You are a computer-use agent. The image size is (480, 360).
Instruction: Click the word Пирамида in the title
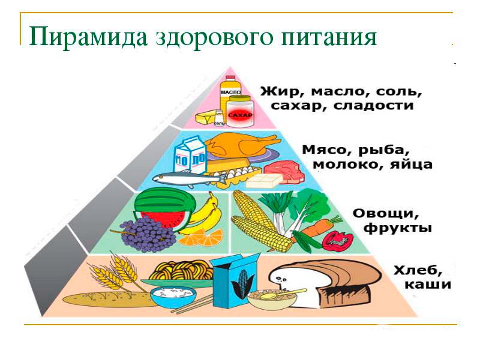click(x=88, y=38)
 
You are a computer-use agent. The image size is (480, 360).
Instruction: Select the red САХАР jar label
click(x=239, y=115)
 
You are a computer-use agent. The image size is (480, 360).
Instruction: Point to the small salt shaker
click(x=219, y=117)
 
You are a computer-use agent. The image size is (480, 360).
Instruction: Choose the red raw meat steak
click(x=284, y=170)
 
